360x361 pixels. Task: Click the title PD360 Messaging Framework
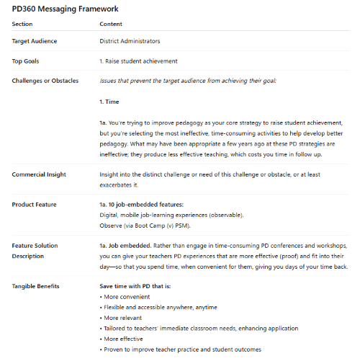66,9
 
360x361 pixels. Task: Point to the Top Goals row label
28,61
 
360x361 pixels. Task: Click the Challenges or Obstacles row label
45,80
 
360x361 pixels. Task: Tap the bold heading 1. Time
109,102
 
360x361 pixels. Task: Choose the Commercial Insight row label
40,175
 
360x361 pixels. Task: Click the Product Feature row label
36,205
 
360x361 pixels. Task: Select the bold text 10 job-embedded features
142,205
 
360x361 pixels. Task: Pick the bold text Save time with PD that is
140,287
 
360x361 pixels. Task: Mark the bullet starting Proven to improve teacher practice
183,349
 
